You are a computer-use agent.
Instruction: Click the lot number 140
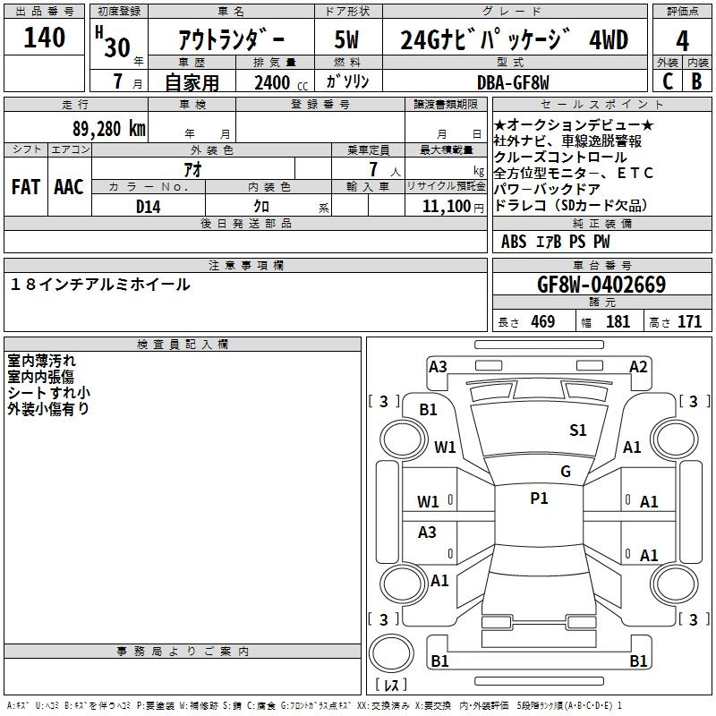coord(44,38)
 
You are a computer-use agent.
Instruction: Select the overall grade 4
coord(682,41)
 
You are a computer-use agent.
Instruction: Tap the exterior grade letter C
coord(668,81)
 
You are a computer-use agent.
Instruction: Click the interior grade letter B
coord(696,81)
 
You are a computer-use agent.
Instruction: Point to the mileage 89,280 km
coord(109,129)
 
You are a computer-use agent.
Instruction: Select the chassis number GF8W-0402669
coord(601,285)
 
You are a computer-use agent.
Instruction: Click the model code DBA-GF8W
coord(513,82)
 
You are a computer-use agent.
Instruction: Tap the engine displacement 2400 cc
coord(281,83)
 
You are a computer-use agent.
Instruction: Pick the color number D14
coord(148,207)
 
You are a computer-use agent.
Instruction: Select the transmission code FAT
coord(26,187)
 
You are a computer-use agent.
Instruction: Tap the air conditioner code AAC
coord(69,187)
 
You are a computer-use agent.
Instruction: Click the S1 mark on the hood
coord(577,430)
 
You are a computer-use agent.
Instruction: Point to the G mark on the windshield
coord(566,471)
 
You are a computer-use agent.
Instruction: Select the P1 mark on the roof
coord(539,499)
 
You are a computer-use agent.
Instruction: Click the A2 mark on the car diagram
coord(638,367)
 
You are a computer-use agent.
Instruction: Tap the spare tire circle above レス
coord(391,653)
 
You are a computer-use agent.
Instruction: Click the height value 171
coord(689,321)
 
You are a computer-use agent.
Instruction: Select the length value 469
coord(543,321)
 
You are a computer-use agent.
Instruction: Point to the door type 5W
coord(346,39)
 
